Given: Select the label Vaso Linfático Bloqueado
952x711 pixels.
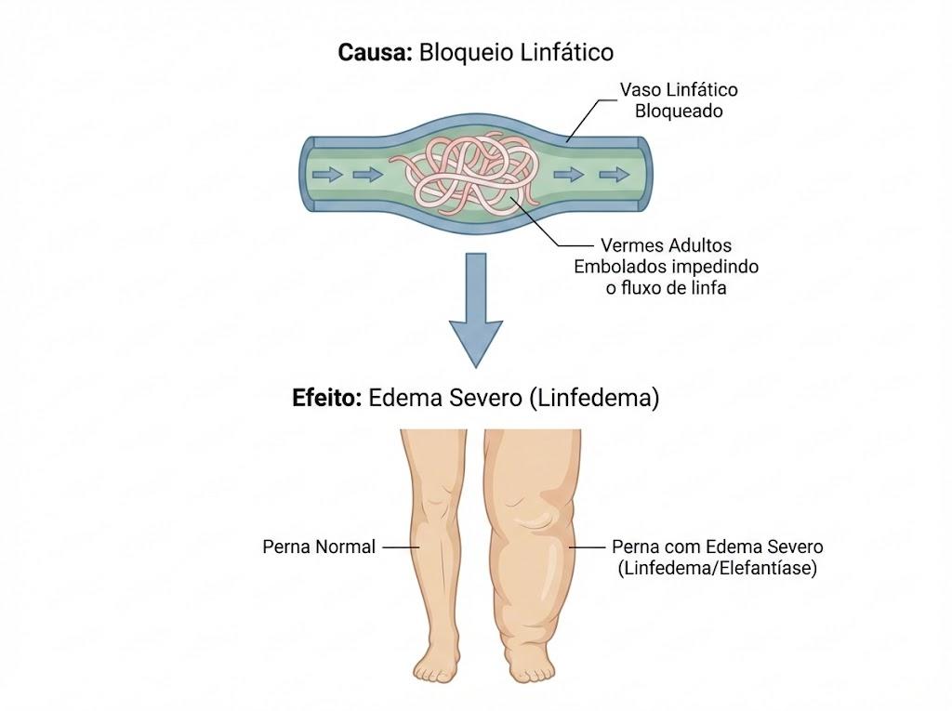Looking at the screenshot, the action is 679,100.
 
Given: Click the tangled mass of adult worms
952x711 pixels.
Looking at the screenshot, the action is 467,175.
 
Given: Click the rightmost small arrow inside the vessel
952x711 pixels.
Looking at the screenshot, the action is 615,175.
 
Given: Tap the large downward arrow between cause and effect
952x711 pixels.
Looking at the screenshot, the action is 476,309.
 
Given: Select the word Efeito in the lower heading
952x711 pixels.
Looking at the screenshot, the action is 326,399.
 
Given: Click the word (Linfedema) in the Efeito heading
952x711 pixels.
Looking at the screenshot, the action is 594,399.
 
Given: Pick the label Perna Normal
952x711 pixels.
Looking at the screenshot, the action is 319,547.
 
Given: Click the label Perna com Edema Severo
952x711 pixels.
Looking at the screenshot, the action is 717,546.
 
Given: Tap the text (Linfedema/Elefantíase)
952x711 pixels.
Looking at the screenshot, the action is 717,568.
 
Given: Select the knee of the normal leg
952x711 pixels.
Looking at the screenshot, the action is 436,504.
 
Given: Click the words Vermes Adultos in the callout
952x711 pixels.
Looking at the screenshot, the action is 666,245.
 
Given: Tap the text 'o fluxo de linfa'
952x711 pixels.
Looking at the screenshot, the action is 666,288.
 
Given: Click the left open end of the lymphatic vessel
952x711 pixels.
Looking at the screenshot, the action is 307,174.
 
